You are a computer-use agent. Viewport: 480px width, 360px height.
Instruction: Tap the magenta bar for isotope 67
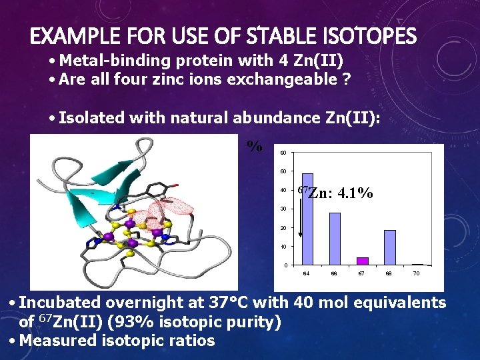click(363, 261)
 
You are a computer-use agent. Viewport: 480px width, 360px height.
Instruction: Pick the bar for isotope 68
click(390, 247)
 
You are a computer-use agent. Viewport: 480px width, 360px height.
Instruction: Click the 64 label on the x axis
click(307, 274)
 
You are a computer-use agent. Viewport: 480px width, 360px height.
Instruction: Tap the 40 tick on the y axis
click(284, 191)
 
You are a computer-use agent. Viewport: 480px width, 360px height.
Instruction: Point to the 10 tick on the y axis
click(284, 247)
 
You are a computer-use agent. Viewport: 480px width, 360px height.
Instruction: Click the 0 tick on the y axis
click(285, 265)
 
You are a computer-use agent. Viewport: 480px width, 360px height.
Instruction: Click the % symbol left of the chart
click(255, 146)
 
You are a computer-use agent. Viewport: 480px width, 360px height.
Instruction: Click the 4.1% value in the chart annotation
click(355, 194)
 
